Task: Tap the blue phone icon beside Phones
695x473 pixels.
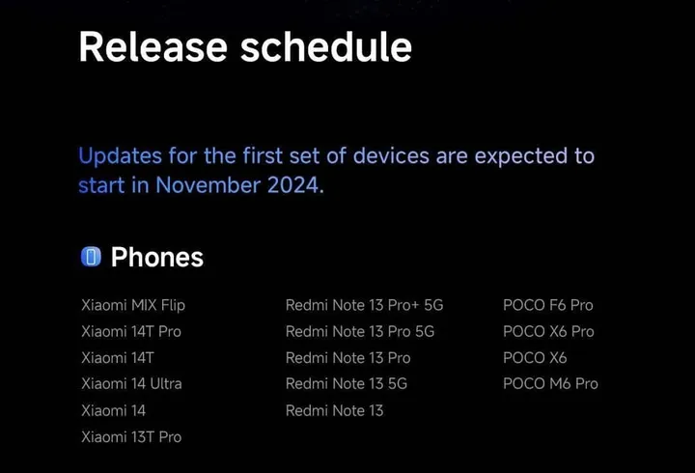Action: click(91, 257)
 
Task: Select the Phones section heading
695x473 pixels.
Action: click(156, 257)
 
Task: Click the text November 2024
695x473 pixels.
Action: click(237, 185)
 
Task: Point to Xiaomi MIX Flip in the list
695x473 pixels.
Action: click(133, 305)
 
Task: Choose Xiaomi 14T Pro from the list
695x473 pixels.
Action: click(131, 331)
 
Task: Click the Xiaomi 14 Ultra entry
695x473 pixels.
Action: click(131, 384)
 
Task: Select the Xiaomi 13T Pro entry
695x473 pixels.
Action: click(131, 437)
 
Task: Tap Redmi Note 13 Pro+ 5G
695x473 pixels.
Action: click(364, 305)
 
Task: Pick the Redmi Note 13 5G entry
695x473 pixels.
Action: click(347, 384)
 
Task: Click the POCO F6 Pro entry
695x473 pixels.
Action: click(547, 305)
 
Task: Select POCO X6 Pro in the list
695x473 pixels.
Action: click(548, 331)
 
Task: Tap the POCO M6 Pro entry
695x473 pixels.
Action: click(550, 384)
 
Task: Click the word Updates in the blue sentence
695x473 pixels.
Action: click(114, 155)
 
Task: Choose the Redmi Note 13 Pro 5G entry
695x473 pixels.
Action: click(360, 331)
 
